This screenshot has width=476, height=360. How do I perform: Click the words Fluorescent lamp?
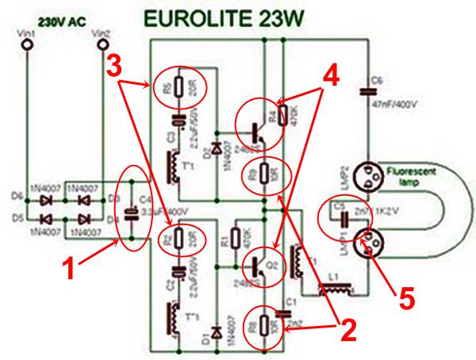click(413, 174)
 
